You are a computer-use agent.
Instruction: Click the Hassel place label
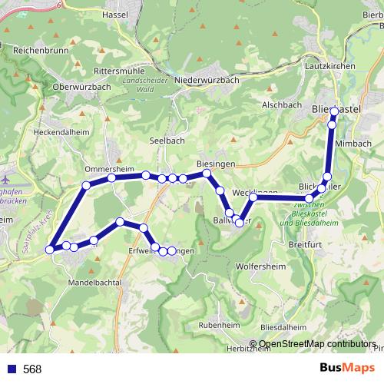point(136,15)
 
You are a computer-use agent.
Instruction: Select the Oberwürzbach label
point(82,87)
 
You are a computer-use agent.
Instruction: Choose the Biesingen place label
point(214,164)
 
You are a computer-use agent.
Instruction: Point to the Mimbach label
point(353,143)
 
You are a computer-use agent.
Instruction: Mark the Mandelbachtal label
point(95,282)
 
